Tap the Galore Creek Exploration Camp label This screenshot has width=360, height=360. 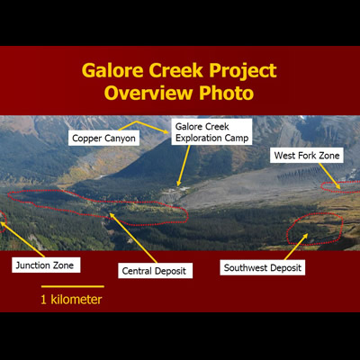[211, 133]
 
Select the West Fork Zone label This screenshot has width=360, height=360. [307, 156]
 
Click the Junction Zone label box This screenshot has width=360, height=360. [46, 265]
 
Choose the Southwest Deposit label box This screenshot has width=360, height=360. [263, 267]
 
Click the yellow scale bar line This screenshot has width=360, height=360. [72, 287]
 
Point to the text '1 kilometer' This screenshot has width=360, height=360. [71, 300]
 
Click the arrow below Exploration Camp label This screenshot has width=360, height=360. [183, 166]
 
